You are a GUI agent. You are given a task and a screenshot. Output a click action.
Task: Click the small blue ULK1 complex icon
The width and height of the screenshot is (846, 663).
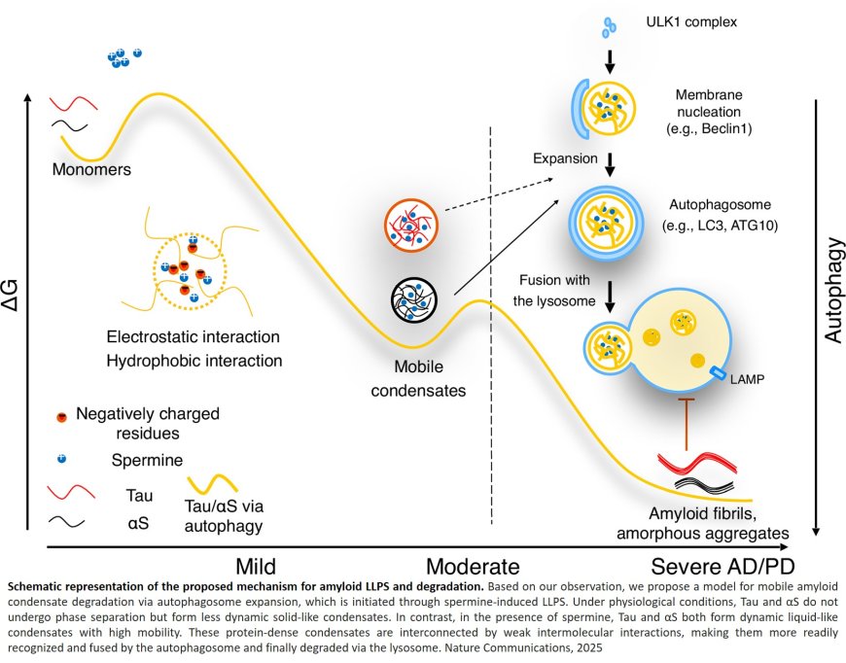tap(611, 25)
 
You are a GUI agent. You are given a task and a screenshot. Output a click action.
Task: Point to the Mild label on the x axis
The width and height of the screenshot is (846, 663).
tap(256, 566)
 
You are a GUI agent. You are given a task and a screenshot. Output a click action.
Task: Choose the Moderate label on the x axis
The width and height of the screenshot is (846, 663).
tap(473, 566)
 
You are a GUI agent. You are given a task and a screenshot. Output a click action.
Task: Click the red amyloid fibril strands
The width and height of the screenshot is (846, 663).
tap(692, 463)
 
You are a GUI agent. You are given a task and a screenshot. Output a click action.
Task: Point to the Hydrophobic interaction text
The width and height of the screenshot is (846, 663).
tap(194, 360)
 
